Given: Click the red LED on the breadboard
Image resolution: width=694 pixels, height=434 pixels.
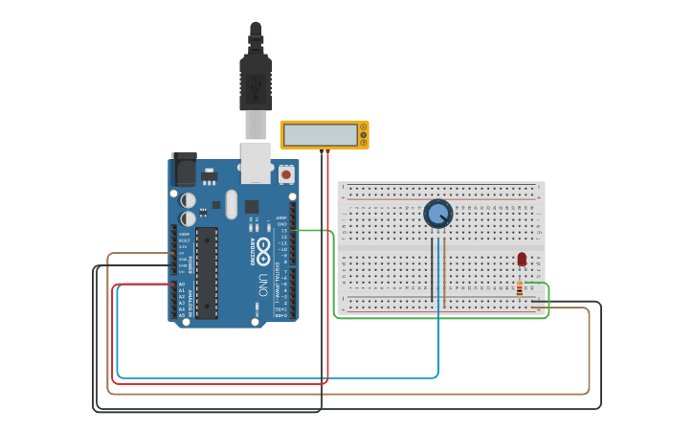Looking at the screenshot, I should pyautogui.click(x=522, y=259).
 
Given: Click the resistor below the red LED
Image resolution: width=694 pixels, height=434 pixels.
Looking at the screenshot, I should pyautogui.click(x=520, y=287).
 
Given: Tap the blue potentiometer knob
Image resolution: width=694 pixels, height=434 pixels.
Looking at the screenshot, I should pyautogui.click(x=438, y=214).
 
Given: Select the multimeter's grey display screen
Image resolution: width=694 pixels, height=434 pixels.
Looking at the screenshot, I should pyautogui.click(x=320, y=135).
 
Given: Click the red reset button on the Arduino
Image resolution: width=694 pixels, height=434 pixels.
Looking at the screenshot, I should pyautogui.click(x=286, y=175).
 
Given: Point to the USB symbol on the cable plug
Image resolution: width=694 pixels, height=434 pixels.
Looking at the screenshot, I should pyautogui.click(x=256, y=85).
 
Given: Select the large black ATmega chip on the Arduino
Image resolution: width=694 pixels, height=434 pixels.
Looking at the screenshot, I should pyautogui.click(x=207, y=273).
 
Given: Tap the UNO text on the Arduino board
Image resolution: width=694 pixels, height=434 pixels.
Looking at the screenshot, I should pyautogui.click(x=261, y=285).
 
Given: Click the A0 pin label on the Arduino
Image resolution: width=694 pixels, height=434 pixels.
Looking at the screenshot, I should pyautogui.click(x=182, y=285).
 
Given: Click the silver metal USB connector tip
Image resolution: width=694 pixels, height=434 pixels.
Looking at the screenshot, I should pyautogui.click(x=256, y=125).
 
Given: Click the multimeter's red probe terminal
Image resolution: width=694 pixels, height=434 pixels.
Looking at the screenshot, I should pyautogui.click(x=328, y=150).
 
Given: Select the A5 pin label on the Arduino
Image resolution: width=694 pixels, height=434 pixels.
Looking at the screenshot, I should pyautogui.click(x=182, y=315).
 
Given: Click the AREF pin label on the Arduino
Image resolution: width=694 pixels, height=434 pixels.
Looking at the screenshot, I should pyautogui.click(x=281, y=217).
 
